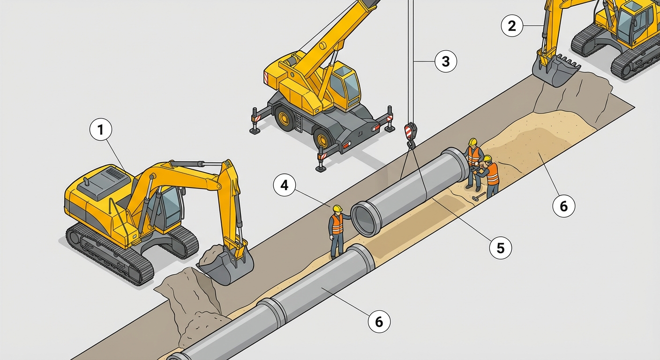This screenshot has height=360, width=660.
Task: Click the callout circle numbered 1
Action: click(101, 130)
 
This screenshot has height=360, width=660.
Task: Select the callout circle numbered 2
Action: click(512, 26)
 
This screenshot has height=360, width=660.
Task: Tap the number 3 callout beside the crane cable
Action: click(446, 61)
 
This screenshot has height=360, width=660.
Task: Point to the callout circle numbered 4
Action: click(285, 185)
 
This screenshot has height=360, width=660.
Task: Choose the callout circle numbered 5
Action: click(501, 248)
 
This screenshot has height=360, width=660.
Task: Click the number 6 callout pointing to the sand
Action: click(563, 206)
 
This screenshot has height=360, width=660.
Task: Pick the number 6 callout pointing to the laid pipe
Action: click(379, 322)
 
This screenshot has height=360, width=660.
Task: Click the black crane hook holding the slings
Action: click(411, 145)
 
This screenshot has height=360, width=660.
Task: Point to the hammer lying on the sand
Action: click(479, 196)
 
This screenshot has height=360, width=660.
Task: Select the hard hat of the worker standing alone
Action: click(337, 209)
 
